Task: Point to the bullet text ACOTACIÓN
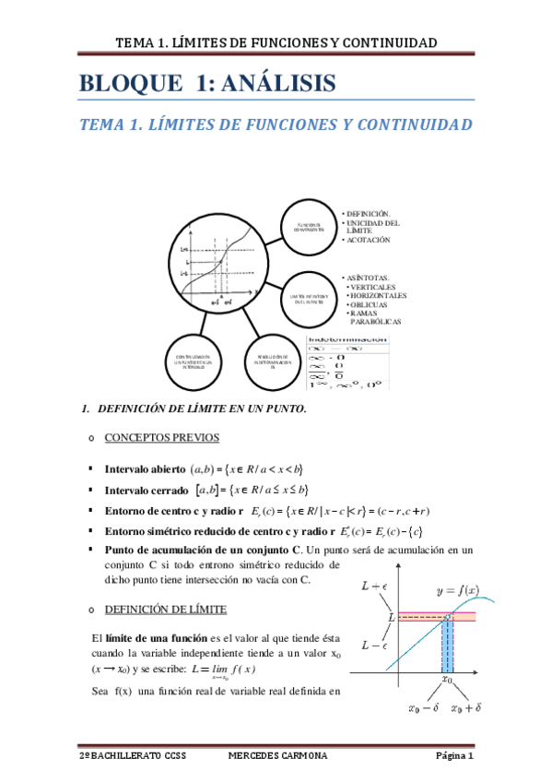369,240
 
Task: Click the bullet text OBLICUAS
375,304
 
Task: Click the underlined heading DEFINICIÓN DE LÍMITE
165,610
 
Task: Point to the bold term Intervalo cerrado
147,489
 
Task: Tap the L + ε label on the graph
376,585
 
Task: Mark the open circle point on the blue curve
448,616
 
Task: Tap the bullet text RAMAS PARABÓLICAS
376,317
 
